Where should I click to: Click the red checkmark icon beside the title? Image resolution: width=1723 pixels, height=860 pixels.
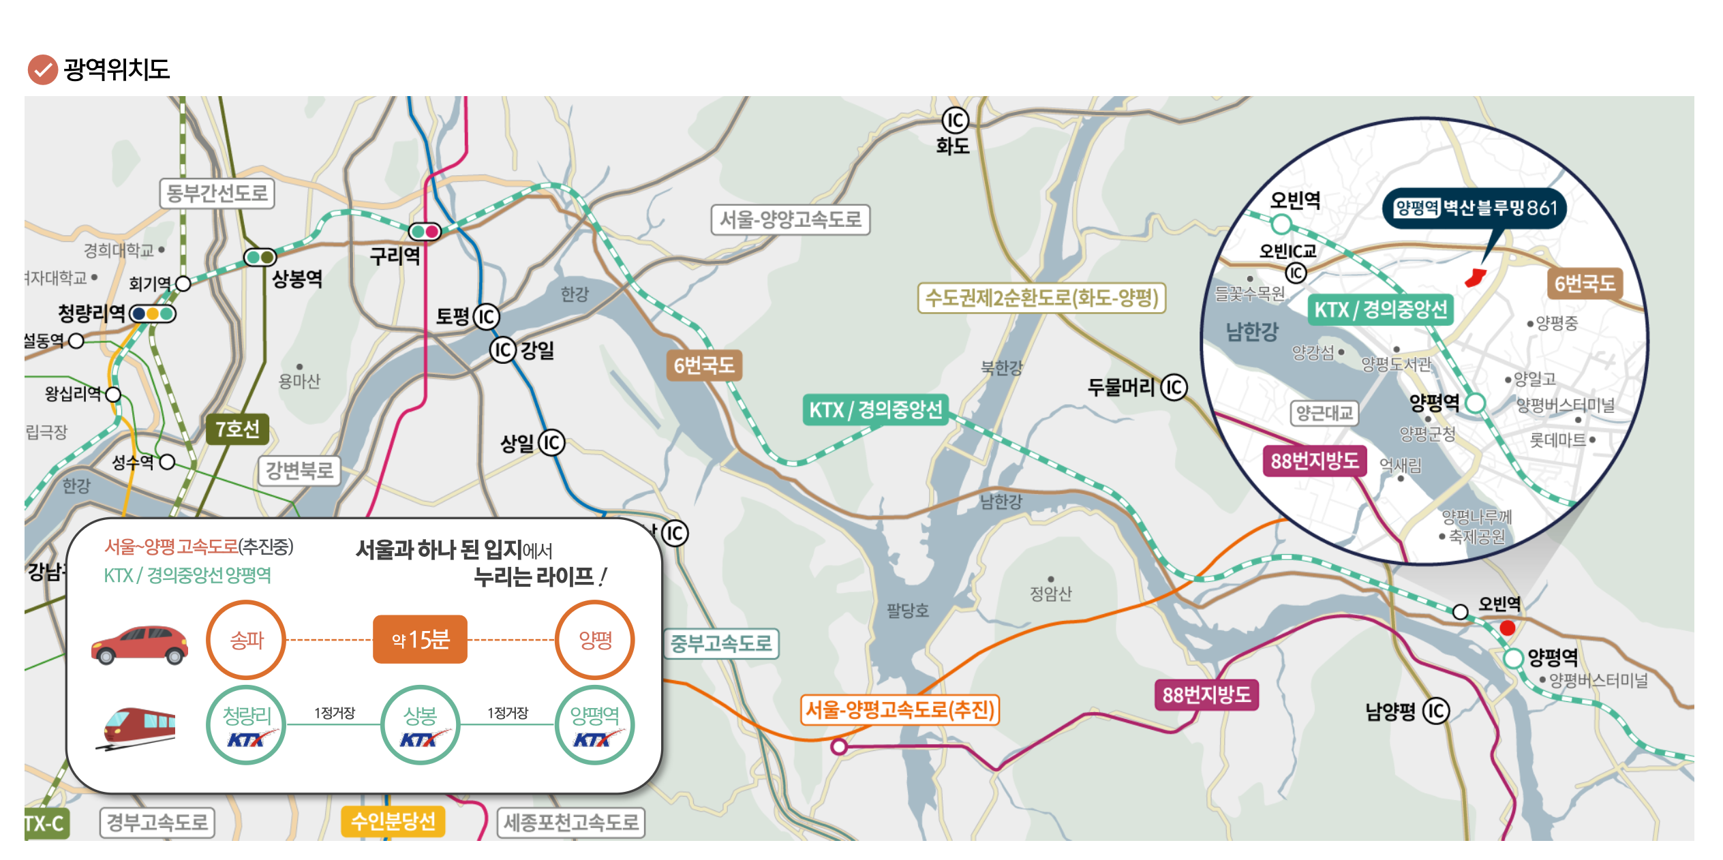[x=42, y=70]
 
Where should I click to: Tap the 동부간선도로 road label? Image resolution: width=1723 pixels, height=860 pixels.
[x=217, y=194]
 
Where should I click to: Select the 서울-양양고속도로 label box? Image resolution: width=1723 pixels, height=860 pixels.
[x=790, y=219]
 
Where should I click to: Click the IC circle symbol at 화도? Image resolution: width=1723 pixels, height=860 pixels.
[x=955, y=121]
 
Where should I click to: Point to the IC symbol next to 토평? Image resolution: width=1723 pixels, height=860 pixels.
[x=486, y=317]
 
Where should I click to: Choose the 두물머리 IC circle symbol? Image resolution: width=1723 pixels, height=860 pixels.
[x=1174, y=388]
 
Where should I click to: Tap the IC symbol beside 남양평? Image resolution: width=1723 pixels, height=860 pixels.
[x=1435, y=711]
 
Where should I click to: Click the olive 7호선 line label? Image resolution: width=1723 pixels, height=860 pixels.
[x=237, y=429]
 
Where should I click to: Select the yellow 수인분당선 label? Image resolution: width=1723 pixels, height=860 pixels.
[x=393, y=821]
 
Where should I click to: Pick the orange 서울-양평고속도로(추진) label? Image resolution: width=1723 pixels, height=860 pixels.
[x=900, y=710]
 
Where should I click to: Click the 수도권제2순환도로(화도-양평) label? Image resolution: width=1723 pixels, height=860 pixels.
[x=1041, y=298]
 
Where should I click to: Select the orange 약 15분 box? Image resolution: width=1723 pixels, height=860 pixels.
[x=420, y=639]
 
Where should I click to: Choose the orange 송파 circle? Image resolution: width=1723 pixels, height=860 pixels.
[x=246, y=640]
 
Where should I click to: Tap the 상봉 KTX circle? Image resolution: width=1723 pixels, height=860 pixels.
[x=420, y=724]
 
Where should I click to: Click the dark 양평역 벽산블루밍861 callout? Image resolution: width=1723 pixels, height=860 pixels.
[x=1475, y=208]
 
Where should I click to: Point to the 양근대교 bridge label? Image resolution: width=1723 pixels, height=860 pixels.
[x=1324, y=413]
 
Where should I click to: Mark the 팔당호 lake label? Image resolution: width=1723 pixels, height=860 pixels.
[x=907, y=611]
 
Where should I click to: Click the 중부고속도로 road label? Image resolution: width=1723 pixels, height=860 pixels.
[x=721, y=643]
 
